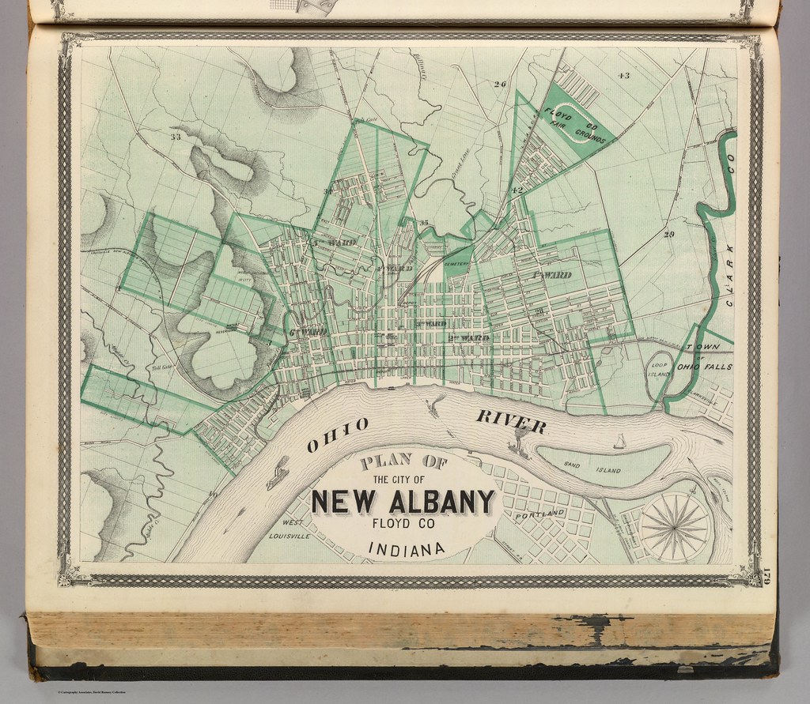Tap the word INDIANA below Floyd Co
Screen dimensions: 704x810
pyautogui.click(x=404, y=548)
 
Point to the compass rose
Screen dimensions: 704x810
pyautogui.click(x=674, y=525)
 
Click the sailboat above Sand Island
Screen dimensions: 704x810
pyautogui.click(x=619, y=442)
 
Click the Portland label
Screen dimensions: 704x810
pyautogui.click(x=541, y=515)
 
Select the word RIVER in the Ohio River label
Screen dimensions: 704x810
pyautogui.click(x=510, y=422)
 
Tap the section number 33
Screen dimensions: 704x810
pyautogui.click(x=175, y=137)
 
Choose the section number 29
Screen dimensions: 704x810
pyautogui.click(x=668, y=235)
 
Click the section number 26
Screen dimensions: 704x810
pyautogui.click(x=498, y=84)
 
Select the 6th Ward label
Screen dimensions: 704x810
pyautogui.click(x=307, y=332)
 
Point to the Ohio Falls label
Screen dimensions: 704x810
pyautogui.click(x=704, y=367)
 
